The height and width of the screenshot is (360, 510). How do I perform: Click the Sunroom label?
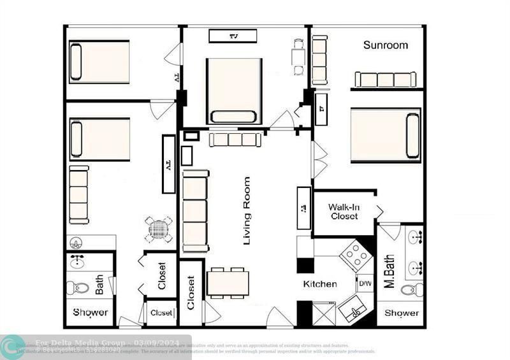[x=386, y=45]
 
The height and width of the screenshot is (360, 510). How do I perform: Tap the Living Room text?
[x=247, y=211]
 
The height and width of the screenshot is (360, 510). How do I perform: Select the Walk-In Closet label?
[x=344, y=212]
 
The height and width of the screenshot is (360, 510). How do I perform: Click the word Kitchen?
[x=319, y=284]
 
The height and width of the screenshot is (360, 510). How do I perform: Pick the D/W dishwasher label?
[x=365, y=284]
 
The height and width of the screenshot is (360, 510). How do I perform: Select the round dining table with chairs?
[x=159, y=229]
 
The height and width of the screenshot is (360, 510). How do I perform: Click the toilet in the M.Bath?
[x=412, y=290]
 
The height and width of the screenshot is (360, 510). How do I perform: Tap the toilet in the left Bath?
[x=78, y=287]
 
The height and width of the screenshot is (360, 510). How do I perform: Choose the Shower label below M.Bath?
[x=401, y=313]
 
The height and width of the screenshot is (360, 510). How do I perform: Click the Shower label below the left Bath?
[x=90, y=313]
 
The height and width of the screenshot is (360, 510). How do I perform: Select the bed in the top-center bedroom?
[x=234, y=90]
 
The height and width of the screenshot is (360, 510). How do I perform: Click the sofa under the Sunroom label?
[x=385, y=80]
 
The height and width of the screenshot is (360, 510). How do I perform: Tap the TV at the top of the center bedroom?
[x=233, y=36]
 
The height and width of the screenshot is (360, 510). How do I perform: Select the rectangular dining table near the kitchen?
[x=228, y=283]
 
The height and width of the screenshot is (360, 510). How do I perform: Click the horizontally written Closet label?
[x=161, y=313]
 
